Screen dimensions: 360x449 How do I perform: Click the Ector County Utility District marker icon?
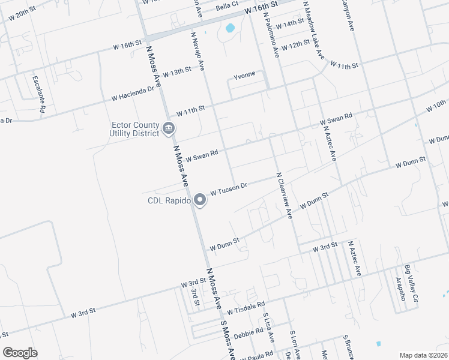(169, 127)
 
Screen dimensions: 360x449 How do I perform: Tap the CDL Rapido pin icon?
(201, 200)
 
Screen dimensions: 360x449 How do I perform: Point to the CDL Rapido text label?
(169, 201)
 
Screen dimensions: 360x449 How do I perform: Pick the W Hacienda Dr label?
(132, 93)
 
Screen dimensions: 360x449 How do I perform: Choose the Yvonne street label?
(244, 74)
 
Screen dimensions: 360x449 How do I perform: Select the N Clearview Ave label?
(284, 195)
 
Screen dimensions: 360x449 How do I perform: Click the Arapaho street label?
(397, 289)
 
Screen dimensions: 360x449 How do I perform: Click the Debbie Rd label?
(249, 331)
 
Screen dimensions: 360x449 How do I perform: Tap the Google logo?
(20, 353)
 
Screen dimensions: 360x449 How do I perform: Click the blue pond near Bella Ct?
(230, 28)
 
